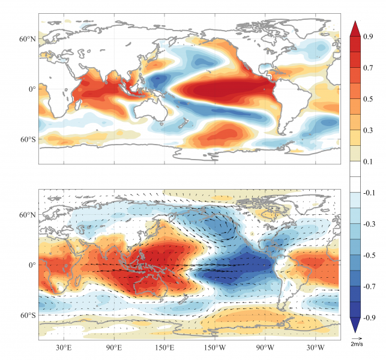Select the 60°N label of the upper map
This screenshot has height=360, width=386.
[26, 39]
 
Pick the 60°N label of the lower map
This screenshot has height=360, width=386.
[26, 215]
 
